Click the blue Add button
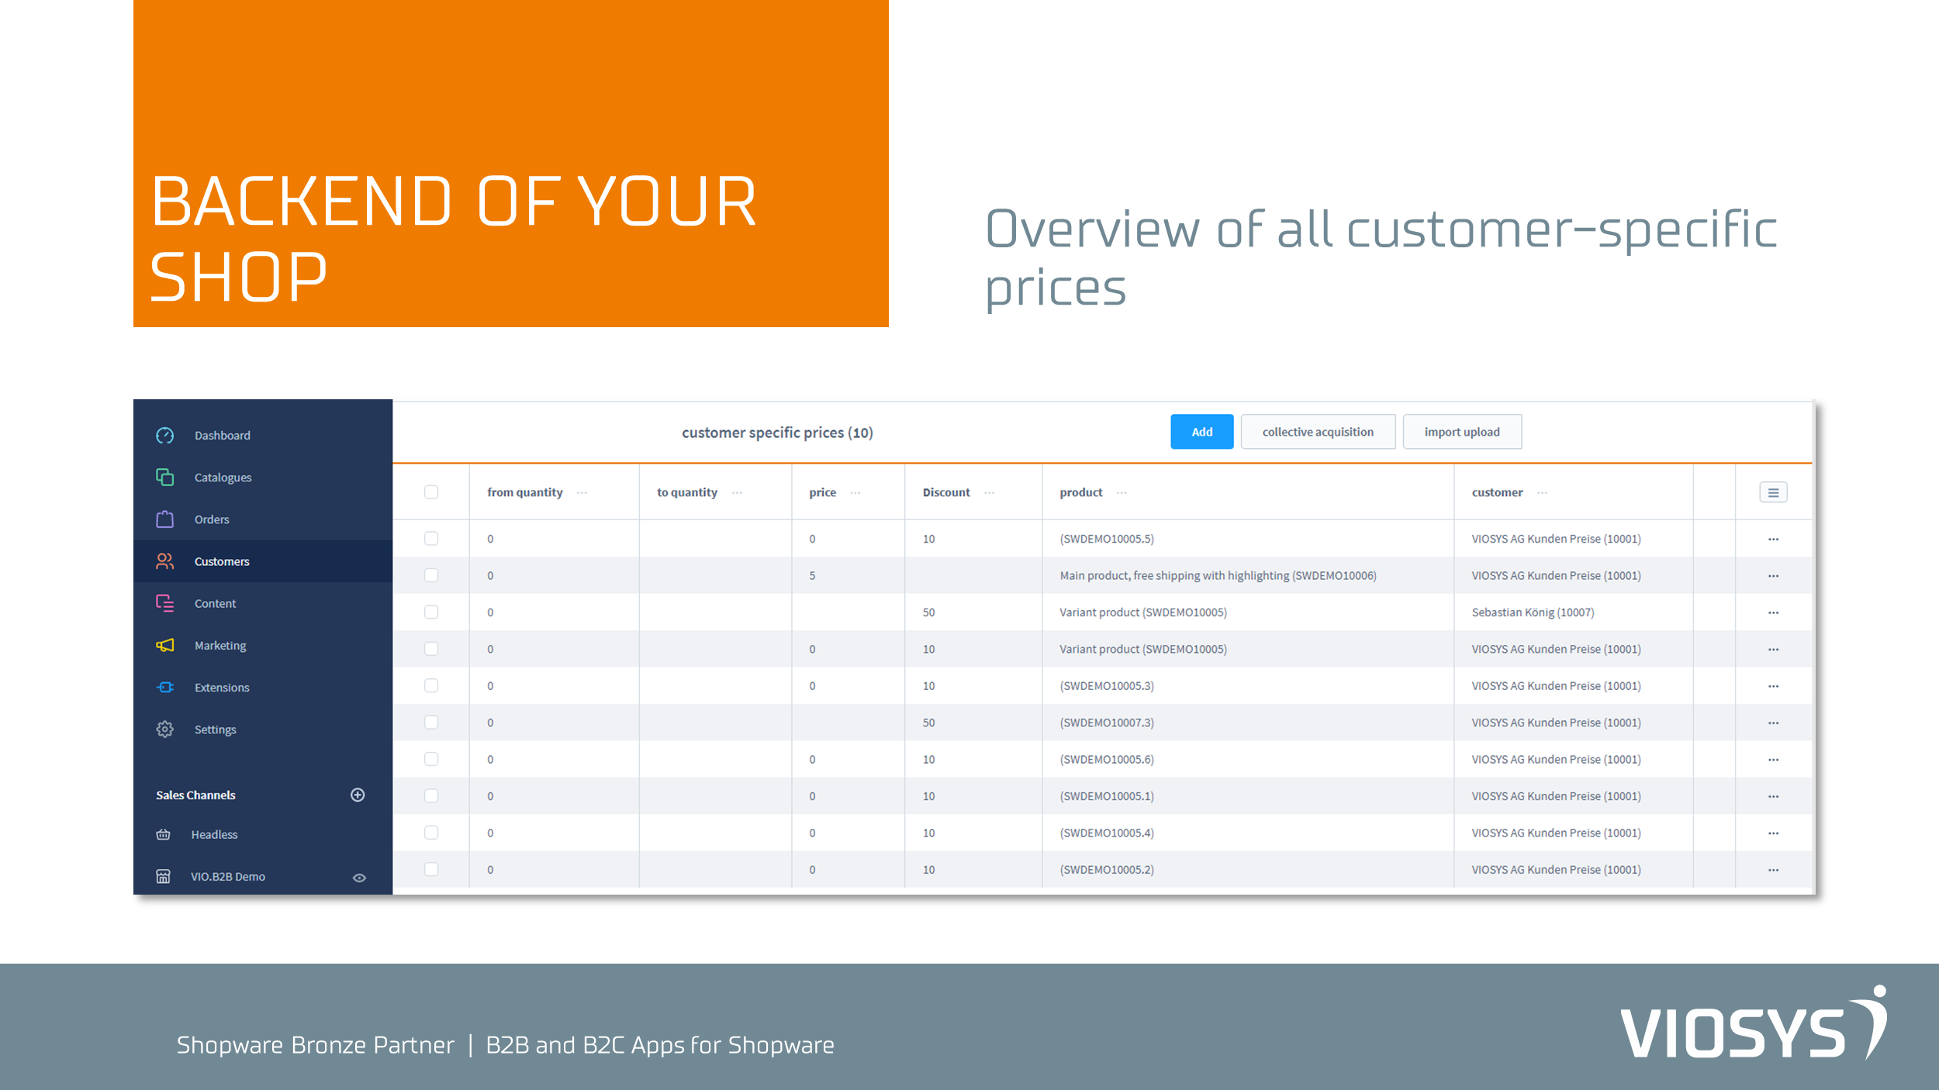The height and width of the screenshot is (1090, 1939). click(x=1201, y=432)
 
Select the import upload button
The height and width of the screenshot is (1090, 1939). click(x=1462, y=432)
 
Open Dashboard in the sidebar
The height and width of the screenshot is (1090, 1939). click(x=222, y=436)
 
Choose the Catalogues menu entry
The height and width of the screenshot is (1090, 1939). click(x=223, y=478)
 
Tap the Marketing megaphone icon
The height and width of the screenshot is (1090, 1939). click(x=165, y=645)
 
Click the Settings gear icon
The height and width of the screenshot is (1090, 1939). click(x=164, y=730)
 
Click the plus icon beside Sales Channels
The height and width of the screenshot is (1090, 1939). click(x=358, y=795)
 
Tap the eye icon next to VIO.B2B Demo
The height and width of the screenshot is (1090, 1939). click(x=359, y=878)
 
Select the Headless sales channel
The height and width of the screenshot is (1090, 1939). click(x=214, y=835)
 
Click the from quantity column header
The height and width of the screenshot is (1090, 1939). click(x=525, y=492)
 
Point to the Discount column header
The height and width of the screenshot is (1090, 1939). click(x=946, y=492)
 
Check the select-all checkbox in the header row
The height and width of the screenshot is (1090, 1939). click(x=431, y=492)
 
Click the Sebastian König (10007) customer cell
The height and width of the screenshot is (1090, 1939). click(x=1533, y=612)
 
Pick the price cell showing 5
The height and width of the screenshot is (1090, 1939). click(x=812, y=576)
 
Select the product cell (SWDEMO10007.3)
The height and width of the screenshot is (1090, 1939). click(x=1107, y=723)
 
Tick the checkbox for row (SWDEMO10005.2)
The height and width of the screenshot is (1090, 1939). click(x=431, y=869)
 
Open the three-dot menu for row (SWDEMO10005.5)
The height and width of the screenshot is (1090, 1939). click(x=1773, y=539)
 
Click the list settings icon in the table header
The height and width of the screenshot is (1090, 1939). click(x=1773, y=492)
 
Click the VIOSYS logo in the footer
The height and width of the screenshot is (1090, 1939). click(x=1753, y=1023)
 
